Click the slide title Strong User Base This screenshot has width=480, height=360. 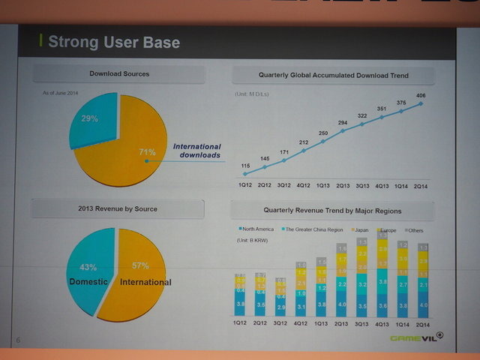pyautogui.click(x=113, y=41)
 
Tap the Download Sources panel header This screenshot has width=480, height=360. pyautogui.click(x=119, y=73)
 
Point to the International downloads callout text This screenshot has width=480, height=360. pyautogui.click(x=196, y=151)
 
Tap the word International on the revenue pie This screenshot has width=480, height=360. pyautogui.click(x=145, y=283)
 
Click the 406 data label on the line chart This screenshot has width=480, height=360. pyautogui.click(x=421, y=94)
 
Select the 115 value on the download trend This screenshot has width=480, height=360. pyautogui.click(x=245, y=165)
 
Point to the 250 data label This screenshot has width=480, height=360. pyautogui.click(x=322, y=133)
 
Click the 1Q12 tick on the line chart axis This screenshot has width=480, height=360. pyautogui.click(x=244, y=184)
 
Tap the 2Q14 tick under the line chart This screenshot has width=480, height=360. pyautogui.click(x=421, y=184)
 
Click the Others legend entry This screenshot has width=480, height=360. pyautogui.click(x=413, y=228)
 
